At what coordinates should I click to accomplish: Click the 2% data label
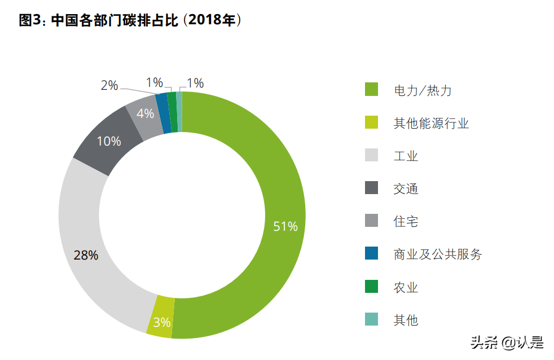(x=109, y=86)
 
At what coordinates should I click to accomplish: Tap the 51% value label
(x=285, y=227)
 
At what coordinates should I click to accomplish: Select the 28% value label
(x=86, y=255)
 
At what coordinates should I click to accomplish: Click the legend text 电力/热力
(x=423, y=90)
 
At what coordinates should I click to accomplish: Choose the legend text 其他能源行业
(x=431, y=123)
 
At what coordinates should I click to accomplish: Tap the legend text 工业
(x=406, y=156)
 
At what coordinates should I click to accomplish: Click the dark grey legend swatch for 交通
(x=371, y=188)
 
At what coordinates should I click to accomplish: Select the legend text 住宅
(x=406, y=222)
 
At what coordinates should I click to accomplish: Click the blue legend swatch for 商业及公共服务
(x=371, y=254)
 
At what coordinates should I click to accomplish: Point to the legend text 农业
(x=406, y=287)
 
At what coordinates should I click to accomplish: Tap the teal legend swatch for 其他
(x=371, y=320)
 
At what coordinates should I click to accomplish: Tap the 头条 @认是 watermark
(x=507, y=342)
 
